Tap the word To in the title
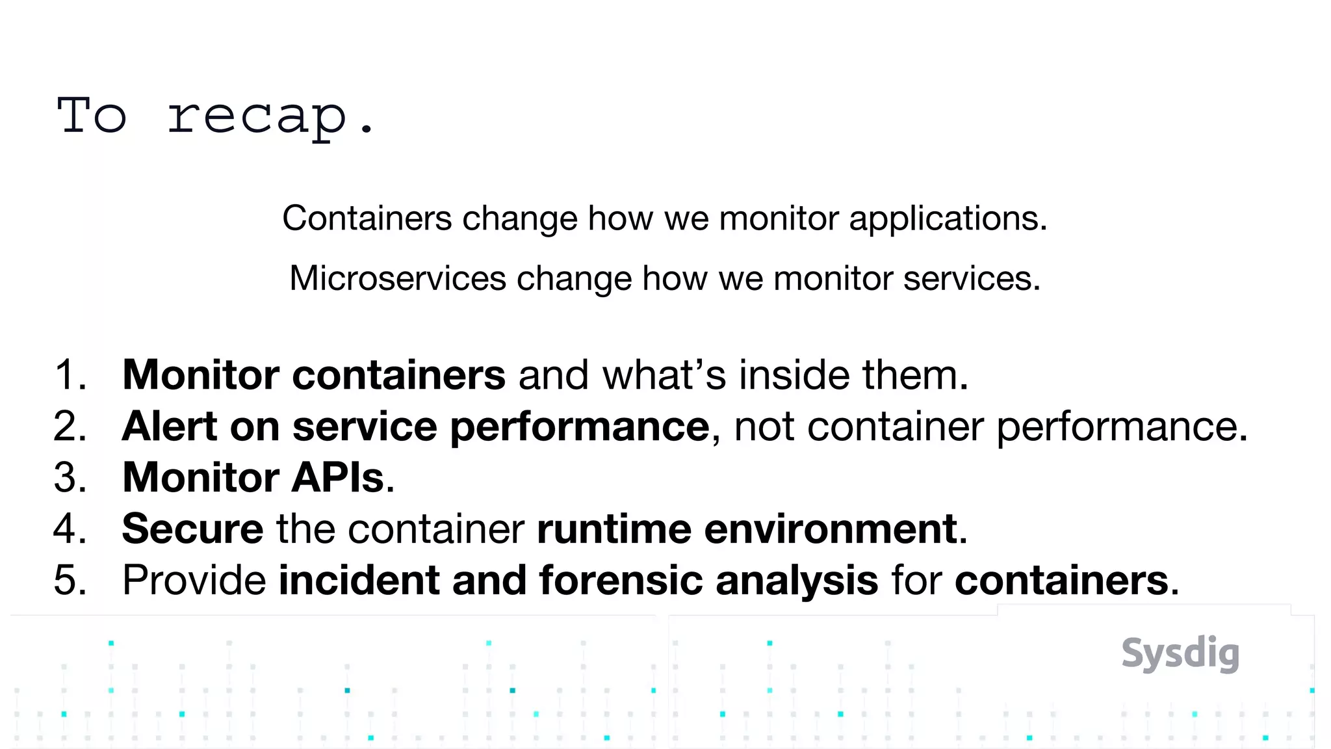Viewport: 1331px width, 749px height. click(x=92, y=116)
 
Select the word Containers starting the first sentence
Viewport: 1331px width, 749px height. click(x=367, y=218)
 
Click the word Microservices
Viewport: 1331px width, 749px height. click(x=397, y=279)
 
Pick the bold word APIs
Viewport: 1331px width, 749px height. click(x=338, y=478)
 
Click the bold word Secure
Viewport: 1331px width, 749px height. click(x=192, y=529)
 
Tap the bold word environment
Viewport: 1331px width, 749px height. click(x=831, y=529)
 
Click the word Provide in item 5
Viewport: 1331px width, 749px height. click(x=194, y=580)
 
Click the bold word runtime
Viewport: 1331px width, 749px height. click(x=614, y=529)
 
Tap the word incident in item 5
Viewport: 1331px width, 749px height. click(x=359, y=580)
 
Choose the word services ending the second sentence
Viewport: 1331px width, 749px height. click(x=971, y=279)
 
